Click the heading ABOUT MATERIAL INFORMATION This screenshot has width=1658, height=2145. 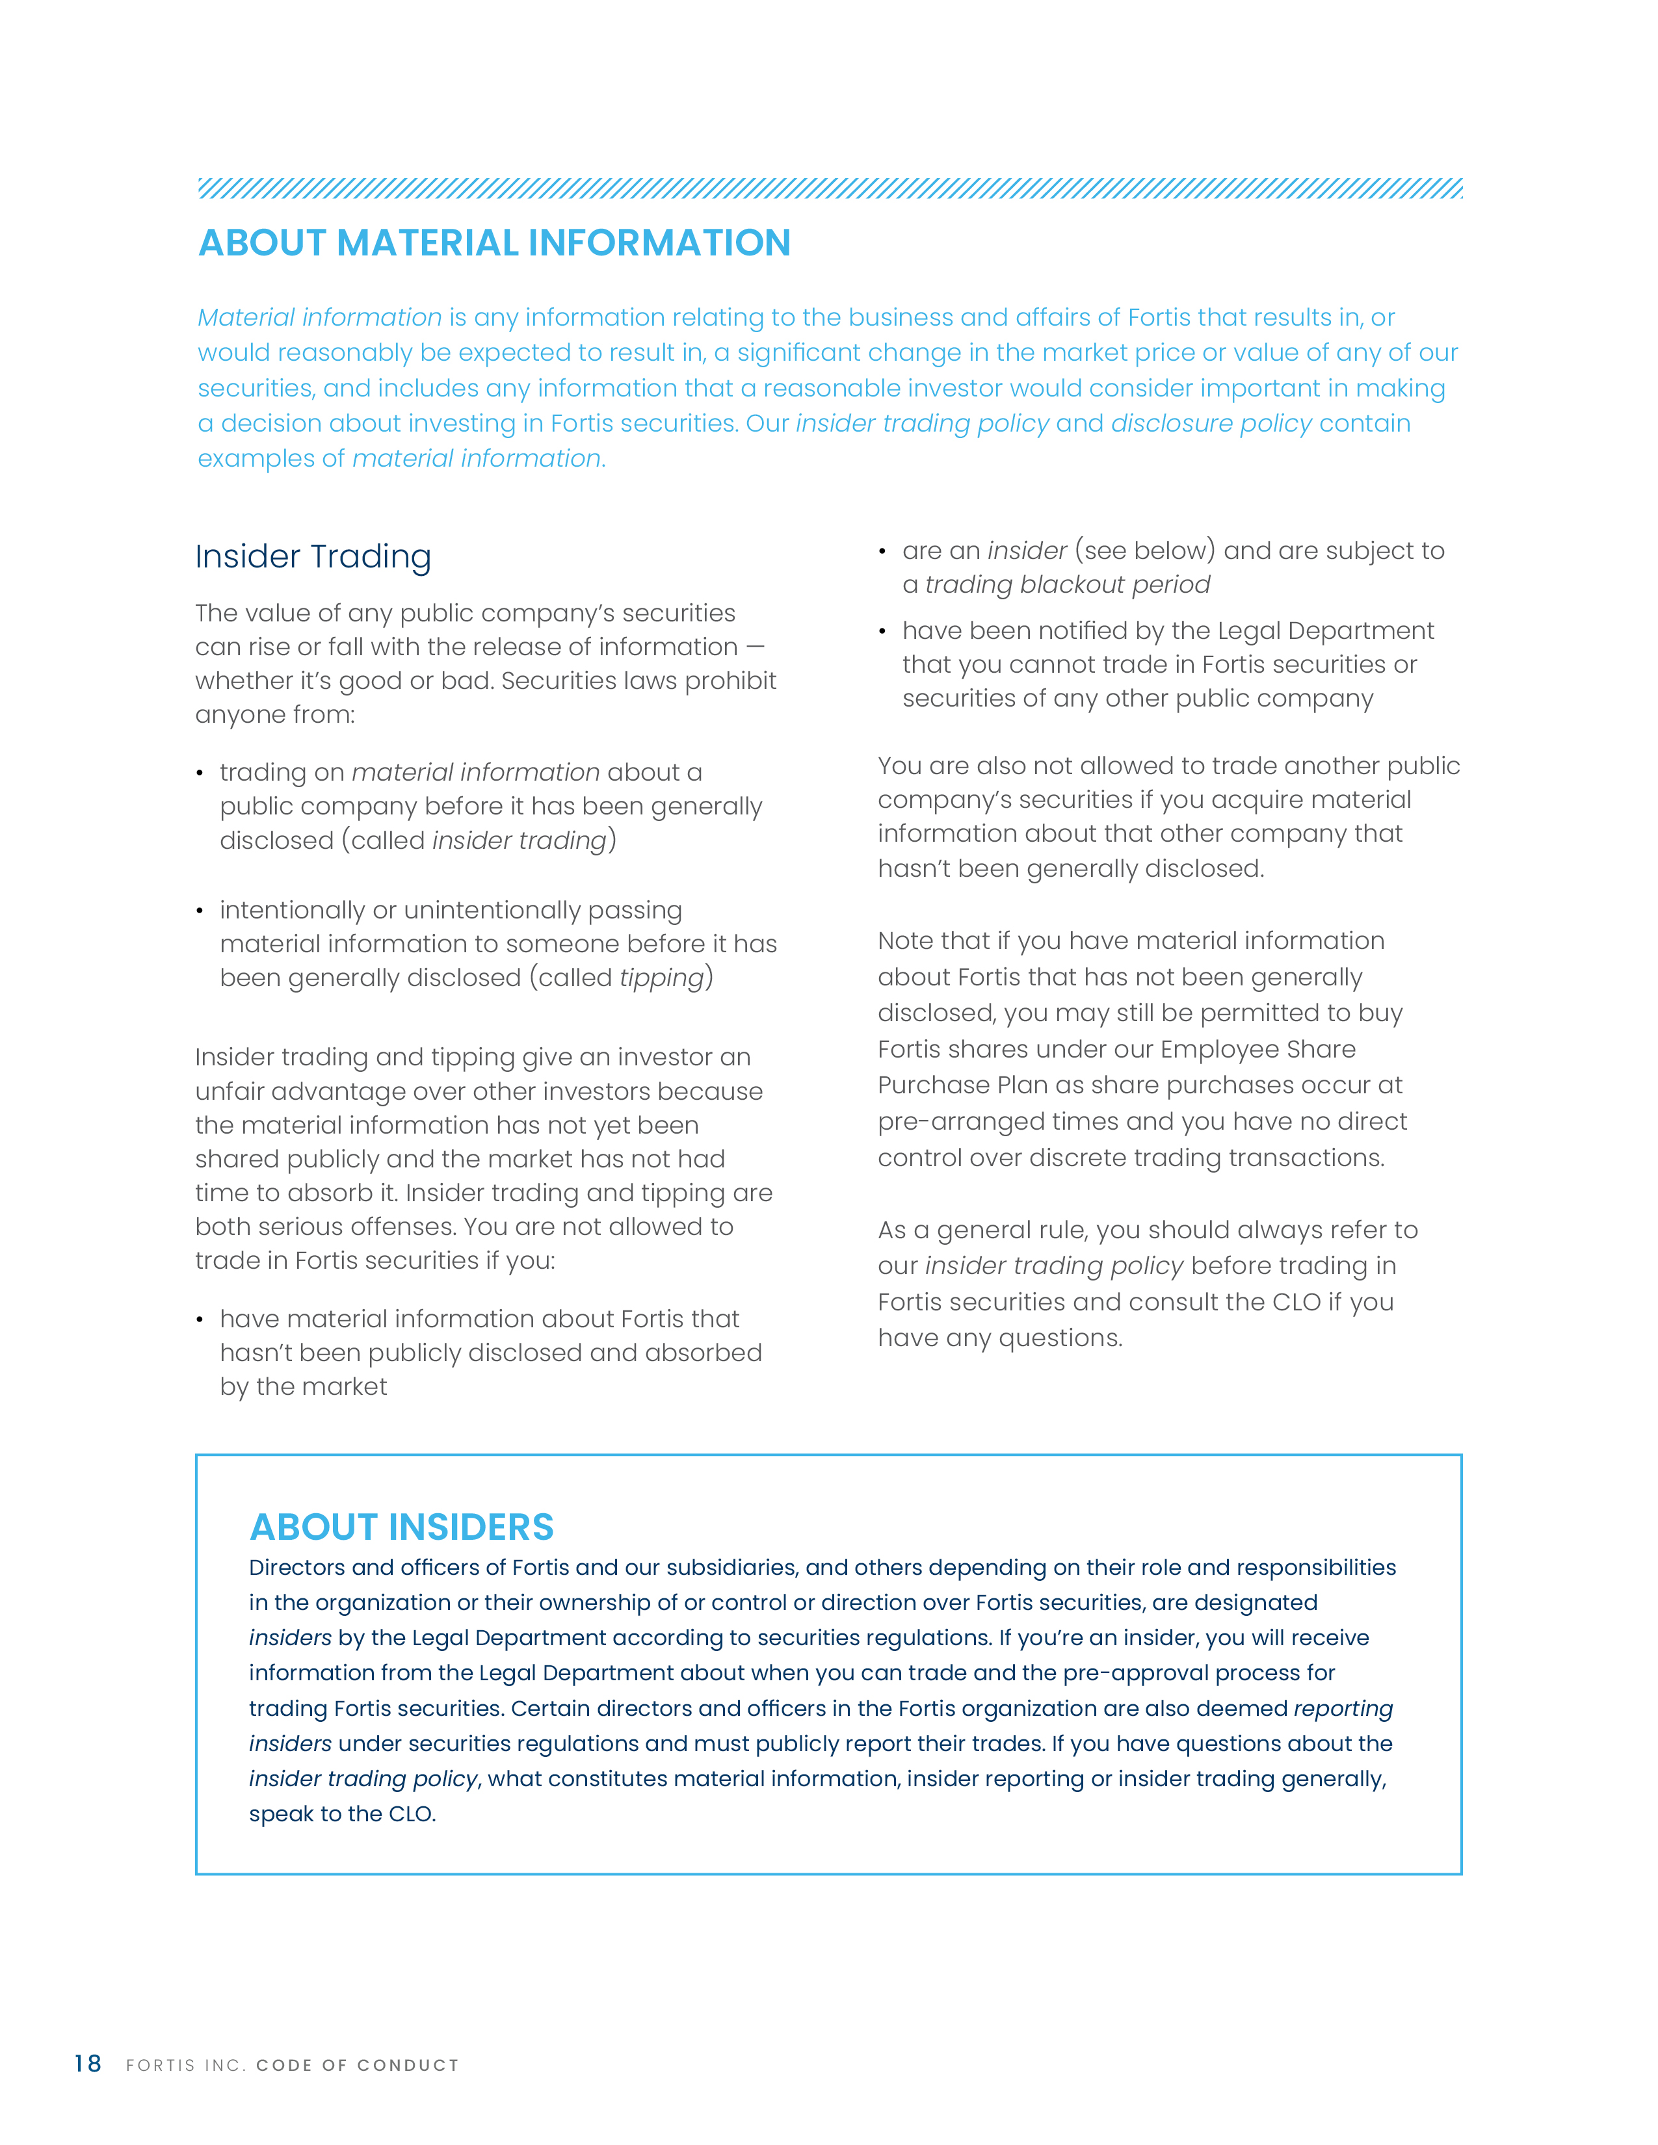(x=494, y=242)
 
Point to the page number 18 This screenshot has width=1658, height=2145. (x=87, y=2064)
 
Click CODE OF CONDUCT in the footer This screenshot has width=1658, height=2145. (x=358, y=2066)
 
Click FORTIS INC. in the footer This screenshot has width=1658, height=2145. (x=185, y=2066)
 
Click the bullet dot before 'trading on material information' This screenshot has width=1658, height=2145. (x=200, y=774)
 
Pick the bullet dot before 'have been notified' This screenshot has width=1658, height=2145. (x=883, y=632)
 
